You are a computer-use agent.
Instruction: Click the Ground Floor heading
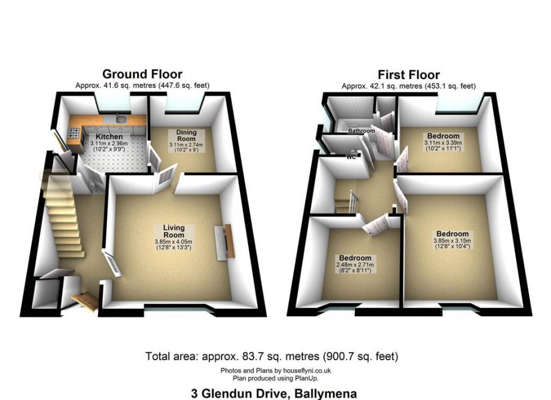tap(142, 75)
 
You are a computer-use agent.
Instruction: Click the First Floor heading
tap(408, 75)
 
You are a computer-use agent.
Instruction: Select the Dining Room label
tap(186, 135)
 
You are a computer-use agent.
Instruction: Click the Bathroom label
tap(361, 131)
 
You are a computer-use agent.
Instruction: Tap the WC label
tap(351, 156)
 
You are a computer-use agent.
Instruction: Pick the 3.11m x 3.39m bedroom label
tap(443, 136)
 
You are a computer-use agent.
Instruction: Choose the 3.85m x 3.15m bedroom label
tap(452, 234)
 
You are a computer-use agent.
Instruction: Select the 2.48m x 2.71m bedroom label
tap(355, 258)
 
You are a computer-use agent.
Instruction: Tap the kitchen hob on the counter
tap(73, 132)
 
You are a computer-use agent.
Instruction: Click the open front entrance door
tap(85, 300)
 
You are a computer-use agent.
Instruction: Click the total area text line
tap(272, 355)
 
